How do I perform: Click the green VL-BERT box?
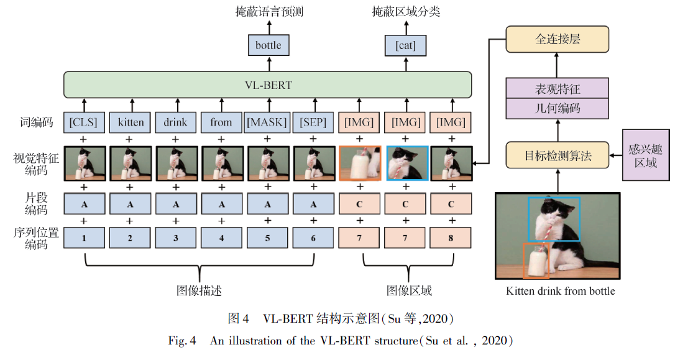pyautogui.click(x=267, y=85)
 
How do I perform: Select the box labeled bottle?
pyautogui.click(x=268, y=45)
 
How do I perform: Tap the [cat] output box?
pyautogui.click(x=405, y=45)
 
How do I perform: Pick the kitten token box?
pyautogui.click(x=131, y=122)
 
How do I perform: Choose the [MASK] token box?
pyautogui.click(x=267, y=122)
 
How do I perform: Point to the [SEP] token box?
pyautogui.click(x=313, y=122)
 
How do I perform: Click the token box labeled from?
pyautogui.click(x=221, y=122)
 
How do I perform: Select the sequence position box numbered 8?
pyautogui.click(x=451, y=237)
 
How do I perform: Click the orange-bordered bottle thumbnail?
pyautogui.click(x=360, y=163)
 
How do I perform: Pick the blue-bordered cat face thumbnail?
pyautogui.click(x=406, y=163)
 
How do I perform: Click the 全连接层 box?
pyautogui.click(x=557, y=39)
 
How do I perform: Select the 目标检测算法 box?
pyautogui.click(x=557, y=155)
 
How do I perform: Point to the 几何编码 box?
pyautogui.click(x=557, y=108)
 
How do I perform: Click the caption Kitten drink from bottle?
pyautogui.click(x=560, y=291)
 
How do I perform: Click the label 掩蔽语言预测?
pyautogui.click(x=270, y=12)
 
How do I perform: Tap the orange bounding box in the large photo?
pyautogui.click(x=536, y=260)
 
